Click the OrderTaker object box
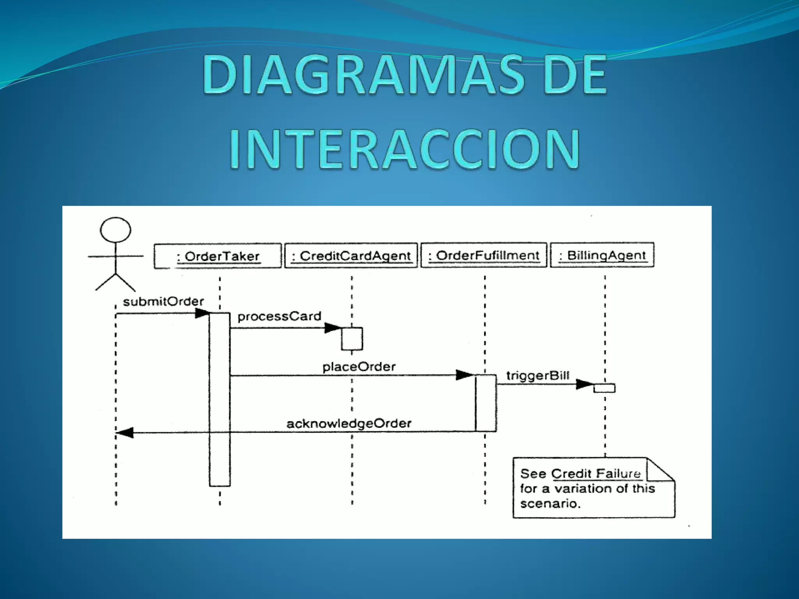point(218,256)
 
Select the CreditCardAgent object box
point(351,255)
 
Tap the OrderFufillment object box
point(484,255)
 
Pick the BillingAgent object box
point(602,255)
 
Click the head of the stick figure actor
point(115,230)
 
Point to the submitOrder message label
point(163,301)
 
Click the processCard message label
point(279,316)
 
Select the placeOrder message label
point(359,367)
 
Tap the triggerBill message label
point(538,376)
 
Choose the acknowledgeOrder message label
point(349,424)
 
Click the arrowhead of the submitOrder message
point(202,313)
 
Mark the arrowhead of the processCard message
point(333,328)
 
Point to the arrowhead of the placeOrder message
point(464,375)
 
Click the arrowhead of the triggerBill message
point(584,384)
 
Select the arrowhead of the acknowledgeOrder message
point(126,432)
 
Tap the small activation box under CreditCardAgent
point(352,338)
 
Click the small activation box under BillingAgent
point(604,388)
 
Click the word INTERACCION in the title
point(405,149)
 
